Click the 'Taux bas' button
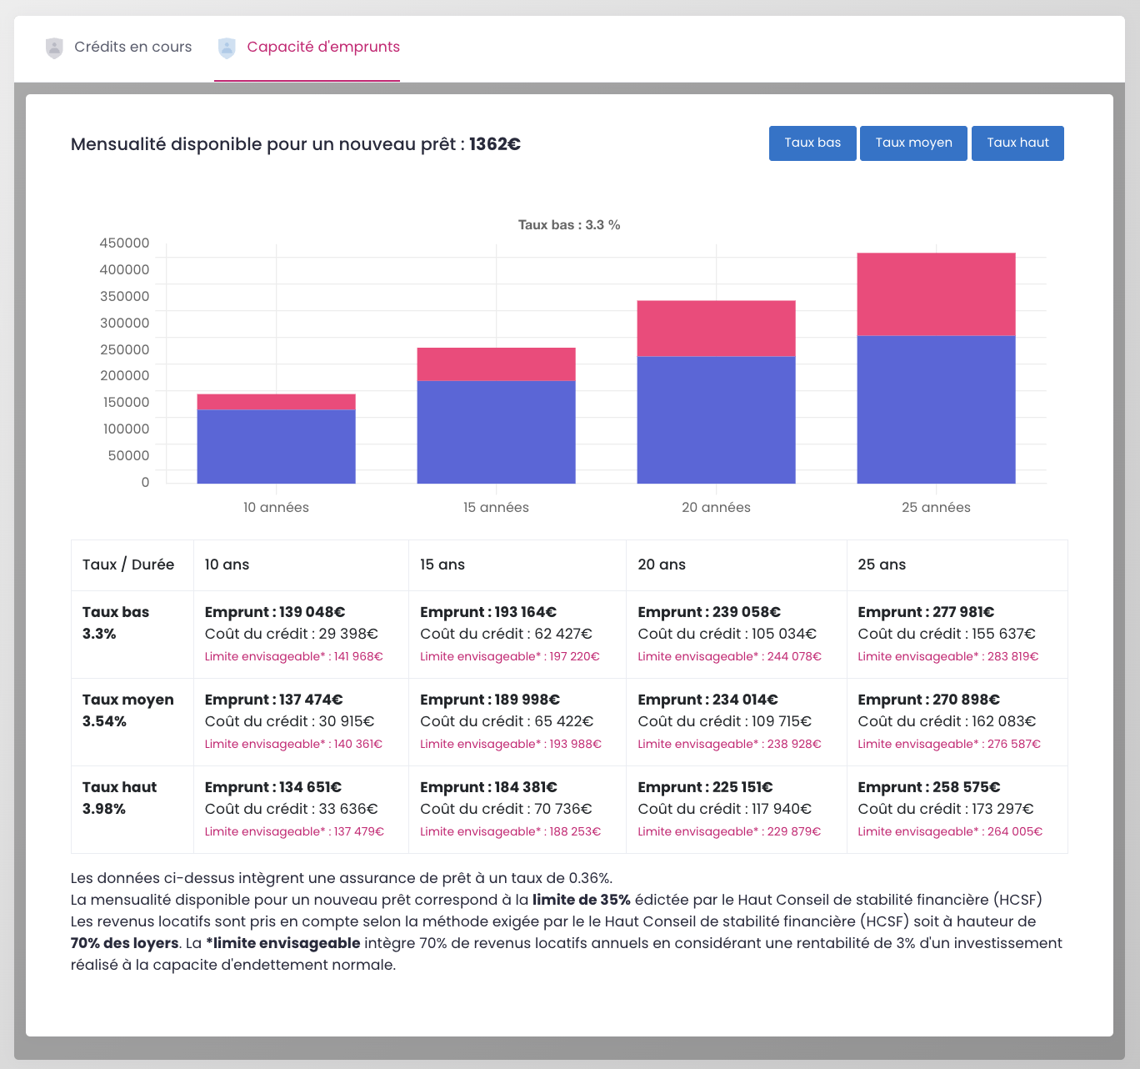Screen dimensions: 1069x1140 (812, 143)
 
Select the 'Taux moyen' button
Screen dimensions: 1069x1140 (913, 143)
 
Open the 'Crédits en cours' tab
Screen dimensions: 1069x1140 (132, 47)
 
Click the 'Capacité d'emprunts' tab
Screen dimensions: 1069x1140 (323, 47)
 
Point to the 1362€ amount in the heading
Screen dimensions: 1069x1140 (495, 144)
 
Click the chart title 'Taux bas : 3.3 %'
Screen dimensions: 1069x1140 (569, 225)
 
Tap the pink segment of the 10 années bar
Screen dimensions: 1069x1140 (276, 402)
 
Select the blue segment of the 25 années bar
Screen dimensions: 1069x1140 (936, 409)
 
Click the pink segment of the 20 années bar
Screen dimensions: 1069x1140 (716, 329)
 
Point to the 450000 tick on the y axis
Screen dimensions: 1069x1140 (124, 243)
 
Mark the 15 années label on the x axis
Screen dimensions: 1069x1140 (496, 507)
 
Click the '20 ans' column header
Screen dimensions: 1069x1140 (662, 565)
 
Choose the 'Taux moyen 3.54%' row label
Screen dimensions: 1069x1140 (128, 710)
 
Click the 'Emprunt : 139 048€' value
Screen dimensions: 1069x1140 (275, 612)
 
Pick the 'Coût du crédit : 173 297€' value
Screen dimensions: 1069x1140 (946, 809)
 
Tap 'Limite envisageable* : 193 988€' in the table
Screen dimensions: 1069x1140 (510, 744)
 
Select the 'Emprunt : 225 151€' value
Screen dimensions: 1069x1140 (705, 787)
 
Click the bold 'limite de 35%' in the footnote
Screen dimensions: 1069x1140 (581, 900)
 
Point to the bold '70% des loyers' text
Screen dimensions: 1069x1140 (124, 943)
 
